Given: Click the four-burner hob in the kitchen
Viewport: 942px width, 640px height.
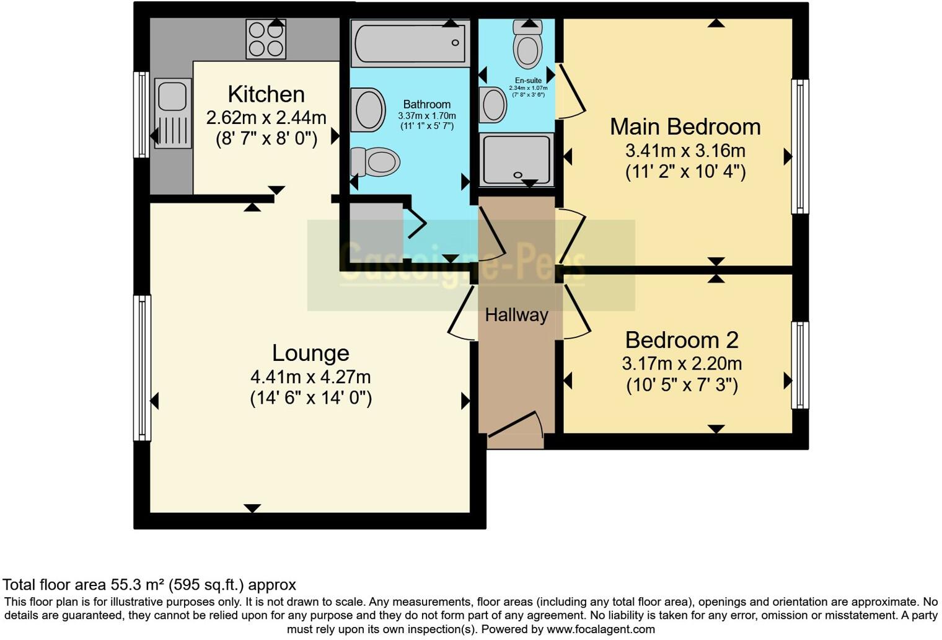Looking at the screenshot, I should [266, 39].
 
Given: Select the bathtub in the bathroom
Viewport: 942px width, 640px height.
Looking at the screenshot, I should [409, 43].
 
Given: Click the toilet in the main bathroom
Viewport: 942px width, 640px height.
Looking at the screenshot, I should [375, 163].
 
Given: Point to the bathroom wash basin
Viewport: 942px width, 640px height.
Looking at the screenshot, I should [367, 110].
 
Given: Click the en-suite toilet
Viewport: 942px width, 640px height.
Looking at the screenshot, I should [528, 45].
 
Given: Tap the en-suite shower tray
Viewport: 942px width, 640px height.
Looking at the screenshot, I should [516, 159].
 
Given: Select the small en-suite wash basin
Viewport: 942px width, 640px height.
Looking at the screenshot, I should [493, 104].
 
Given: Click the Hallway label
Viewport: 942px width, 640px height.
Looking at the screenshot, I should [516, 315].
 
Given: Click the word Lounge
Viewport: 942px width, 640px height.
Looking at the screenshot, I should [310, 353].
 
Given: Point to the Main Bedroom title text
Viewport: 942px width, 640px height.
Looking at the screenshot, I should [685, 127].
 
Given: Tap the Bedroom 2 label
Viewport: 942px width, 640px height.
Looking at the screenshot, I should [682, 340].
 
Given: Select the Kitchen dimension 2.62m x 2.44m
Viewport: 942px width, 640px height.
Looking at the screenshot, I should [266, 117].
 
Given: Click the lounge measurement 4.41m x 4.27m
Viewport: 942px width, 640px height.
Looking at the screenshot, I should [310, 376].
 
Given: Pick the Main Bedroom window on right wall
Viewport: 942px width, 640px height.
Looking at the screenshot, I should [800, 146].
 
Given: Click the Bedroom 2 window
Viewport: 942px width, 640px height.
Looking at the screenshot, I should [800, 365].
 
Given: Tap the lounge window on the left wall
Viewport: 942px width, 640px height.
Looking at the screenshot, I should [143, 368].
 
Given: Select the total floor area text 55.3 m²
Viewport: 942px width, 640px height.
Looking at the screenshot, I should [149, 584].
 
